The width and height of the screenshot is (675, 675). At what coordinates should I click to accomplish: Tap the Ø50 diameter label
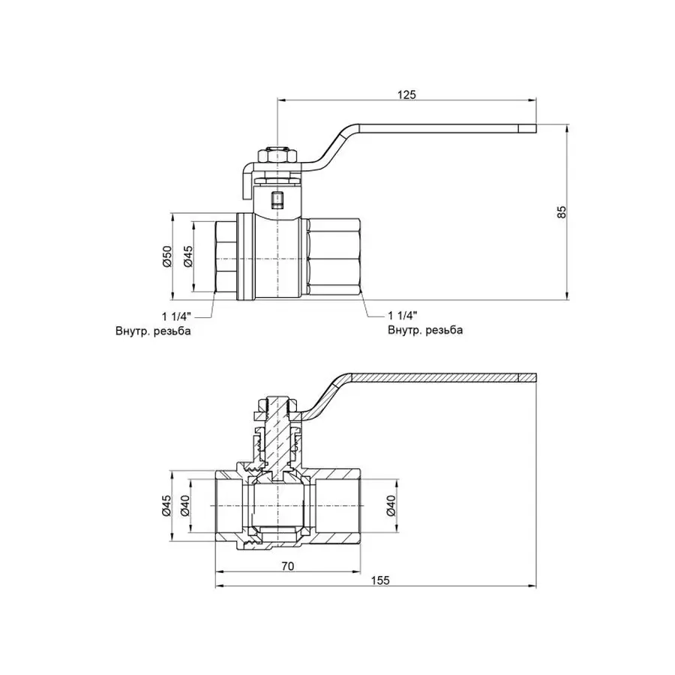(x=167, y=256)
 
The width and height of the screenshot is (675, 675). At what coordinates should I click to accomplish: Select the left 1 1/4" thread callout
(x=176, y=316)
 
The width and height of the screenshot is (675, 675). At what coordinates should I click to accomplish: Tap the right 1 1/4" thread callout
(x=403, y=316)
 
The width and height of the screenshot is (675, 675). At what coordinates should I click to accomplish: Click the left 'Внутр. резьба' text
(x=154, y=331)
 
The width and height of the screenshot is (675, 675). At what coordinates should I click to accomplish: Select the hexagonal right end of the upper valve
(x=334, y=256)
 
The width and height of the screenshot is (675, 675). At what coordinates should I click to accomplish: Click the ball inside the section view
(x=277, y=507)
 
